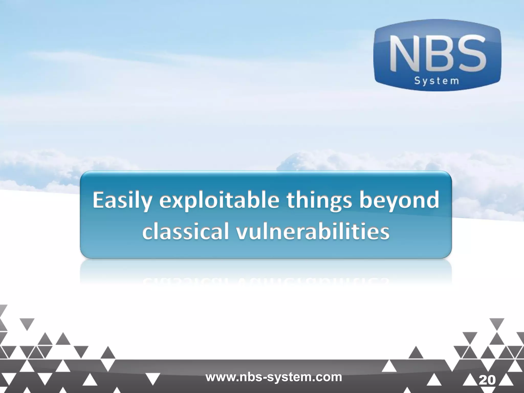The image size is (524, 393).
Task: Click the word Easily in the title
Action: [121, 201]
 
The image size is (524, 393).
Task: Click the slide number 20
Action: [487, 380]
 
